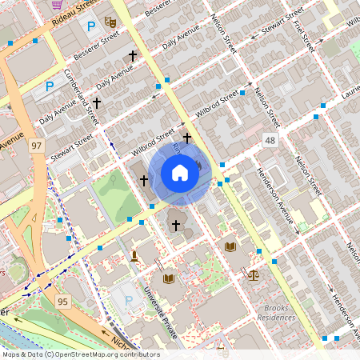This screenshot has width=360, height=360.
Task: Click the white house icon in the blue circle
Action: pos(180,172)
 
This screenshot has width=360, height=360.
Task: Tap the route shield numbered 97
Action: pos(36,146)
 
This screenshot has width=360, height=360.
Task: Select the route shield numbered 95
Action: pos(62,301)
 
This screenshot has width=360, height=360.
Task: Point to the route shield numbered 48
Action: pos(270,141)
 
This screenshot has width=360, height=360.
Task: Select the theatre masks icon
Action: pos(111,23)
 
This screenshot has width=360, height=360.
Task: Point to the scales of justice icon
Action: pos(254,274)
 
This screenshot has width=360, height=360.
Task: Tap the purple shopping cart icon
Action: pos(57,4)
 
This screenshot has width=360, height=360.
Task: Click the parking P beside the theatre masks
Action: pos(90,26)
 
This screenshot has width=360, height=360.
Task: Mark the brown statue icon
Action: pos(134,256)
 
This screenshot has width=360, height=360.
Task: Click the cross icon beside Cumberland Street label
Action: pos(98,103)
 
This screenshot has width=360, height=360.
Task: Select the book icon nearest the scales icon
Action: pos(231,247)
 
